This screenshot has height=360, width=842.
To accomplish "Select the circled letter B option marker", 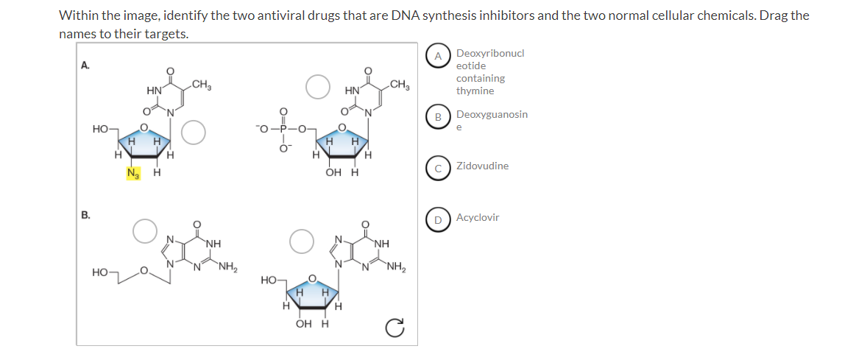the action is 438,117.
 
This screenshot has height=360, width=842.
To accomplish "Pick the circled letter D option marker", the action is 438,219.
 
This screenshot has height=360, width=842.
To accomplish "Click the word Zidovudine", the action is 482,166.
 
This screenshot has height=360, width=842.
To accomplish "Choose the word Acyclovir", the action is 478,218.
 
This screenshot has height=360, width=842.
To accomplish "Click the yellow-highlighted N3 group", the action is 134,174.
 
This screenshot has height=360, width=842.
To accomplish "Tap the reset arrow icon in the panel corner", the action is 397,327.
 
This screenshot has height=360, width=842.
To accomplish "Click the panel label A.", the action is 85,65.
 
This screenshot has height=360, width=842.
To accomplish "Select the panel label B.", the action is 85,216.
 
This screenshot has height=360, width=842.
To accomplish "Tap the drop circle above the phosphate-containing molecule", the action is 318,86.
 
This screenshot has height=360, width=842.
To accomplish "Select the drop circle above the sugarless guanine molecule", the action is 145,230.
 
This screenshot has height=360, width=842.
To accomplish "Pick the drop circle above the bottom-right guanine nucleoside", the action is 302,240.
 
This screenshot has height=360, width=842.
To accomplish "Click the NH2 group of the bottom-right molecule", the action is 395,267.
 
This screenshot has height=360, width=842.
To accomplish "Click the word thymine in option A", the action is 475,91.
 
